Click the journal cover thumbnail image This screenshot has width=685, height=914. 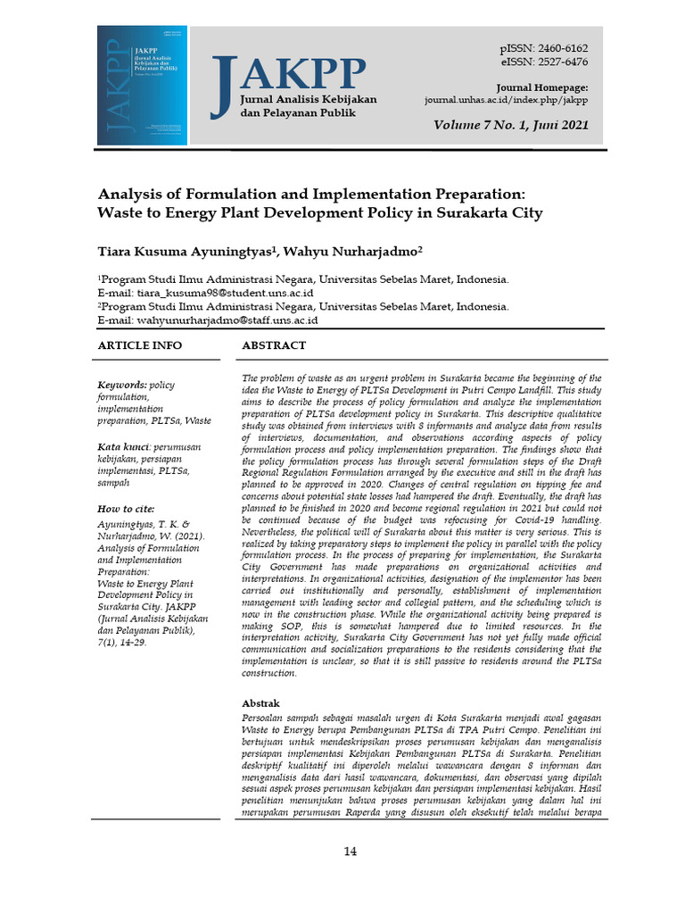pos(144,86)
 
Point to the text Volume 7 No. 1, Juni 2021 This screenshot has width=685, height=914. pos(510,126)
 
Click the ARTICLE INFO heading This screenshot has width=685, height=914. pos(139,345)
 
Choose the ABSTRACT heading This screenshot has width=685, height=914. pos(274,345)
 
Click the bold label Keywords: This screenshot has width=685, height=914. pos(122,385)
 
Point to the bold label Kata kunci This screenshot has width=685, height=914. pos(123,445)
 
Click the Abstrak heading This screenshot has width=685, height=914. pos(261,703)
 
